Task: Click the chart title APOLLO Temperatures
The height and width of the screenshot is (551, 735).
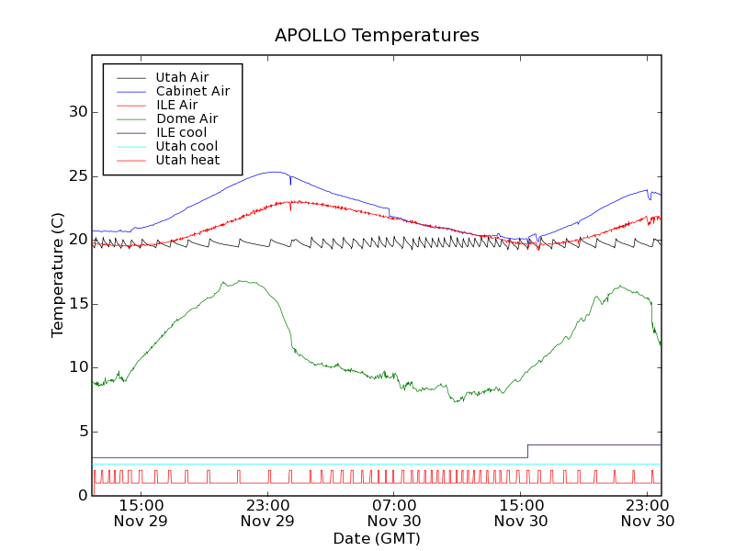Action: [x=377, y=36]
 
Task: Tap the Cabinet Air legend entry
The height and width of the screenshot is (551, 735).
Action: [x=192, y=91]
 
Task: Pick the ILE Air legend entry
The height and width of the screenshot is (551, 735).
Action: [x=176, y=105]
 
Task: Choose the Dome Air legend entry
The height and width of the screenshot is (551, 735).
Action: [x=187, y=118]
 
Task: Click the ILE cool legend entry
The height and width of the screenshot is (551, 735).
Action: [x=181, y=132]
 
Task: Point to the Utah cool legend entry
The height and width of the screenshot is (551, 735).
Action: [x=187, y=146]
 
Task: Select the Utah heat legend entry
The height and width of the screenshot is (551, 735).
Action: [x=187, y=160]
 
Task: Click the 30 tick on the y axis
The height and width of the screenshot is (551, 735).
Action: [x=78, y=112]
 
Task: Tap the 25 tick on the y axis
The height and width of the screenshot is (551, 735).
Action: [x=78, y=175]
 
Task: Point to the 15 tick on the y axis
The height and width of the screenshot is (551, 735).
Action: [x=78, y=303]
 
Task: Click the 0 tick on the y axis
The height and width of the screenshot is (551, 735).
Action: [x=82, y=495]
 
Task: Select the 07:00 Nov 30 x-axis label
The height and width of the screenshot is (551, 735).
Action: [x=394, y=512]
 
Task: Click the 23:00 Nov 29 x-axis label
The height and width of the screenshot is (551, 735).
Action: [x=267, y=512]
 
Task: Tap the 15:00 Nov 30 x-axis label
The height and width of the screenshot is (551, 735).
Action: [x=521, y=512]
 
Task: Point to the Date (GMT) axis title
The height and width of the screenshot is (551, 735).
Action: [x=377, y=538]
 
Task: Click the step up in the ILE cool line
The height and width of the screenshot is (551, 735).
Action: [x=527, y=451]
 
